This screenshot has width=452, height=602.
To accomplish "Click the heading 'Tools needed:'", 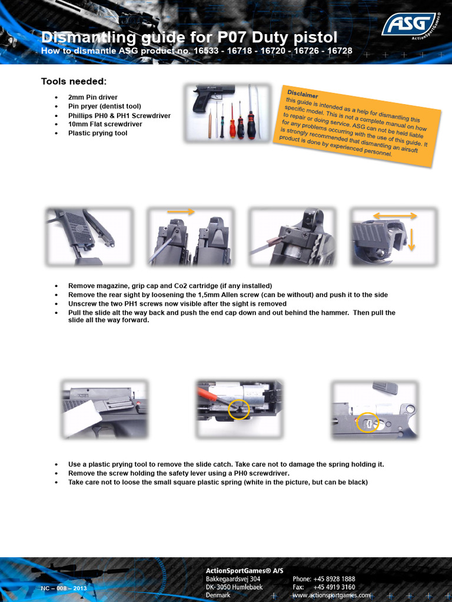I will pos(74,81).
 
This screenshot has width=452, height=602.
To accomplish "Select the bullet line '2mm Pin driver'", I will pos(93,97).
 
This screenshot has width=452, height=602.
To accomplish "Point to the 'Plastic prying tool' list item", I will pos(98,133).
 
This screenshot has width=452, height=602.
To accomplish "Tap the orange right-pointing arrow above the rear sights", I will pos(181,211).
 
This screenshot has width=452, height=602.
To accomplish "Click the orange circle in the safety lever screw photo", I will pos(239,409).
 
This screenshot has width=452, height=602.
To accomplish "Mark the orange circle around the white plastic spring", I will pos(368,422).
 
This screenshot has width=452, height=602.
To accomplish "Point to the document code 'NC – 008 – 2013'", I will pos(64,588).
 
